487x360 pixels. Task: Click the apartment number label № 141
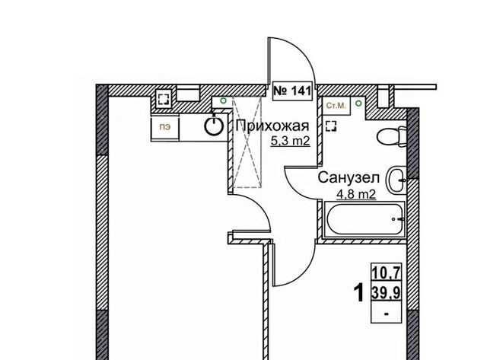pyautogui.click(x=292, y=91)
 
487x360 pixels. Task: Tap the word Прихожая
pyautogui.click(x=272, y=126)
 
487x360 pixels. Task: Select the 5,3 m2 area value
pyautogui.click(x=291, y=141)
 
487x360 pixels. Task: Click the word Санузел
pyautogui.click(x=349, y=178)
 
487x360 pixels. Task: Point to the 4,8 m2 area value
pyautogui.click(x=356, y=195)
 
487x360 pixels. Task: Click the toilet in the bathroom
pyautogui.click(x=391, y=137)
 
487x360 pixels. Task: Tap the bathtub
pyautogui.click(x=364, y=219)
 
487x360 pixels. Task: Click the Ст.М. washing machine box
pyautogui.click(x=336, y=106)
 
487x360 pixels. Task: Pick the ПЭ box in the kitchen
pyautogui.click(x=165, y=127)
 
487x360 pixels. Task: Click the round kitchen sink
pyautogui.click(x=214, y=126)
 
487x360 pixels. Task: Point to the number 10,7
pyautogui.click(x=387, y=274)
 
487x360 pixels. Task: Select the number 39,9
pyautogui.click(x=387, y=292)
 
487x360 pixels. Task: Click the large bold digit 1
pyautogui.click(x=359, y=293)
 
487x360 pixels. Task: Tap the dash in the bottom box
pyautogui.click(x=387, y=314)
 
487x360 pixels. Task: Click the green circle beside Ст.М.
pyautogui.click(x=358, y=103)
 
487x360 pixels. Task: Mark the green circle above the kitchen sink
pyautogui.click(x=223, y=100)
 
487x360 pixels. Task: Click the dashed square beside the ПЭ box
pyautogui.click(x=164, y=99)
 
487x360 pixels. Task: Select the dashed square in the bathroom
pyautogui.click(x=331, y=126)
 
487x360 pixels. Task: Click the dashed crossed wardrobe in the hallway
pyautogui.click(x=247, y=142)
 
